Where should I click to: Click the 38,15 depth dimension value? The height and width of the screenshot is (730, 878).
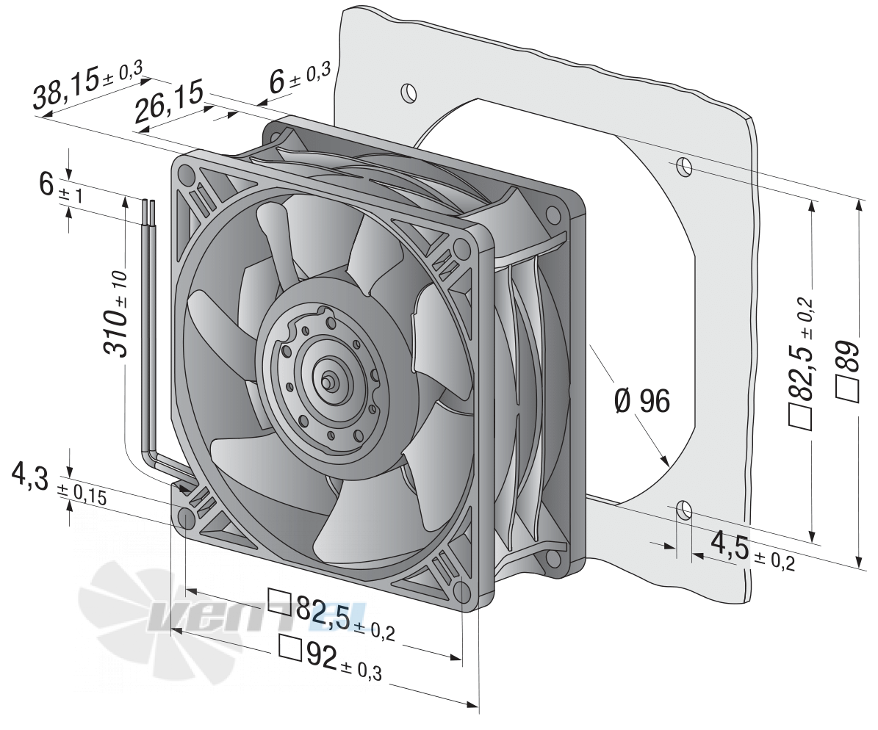coord(65,87)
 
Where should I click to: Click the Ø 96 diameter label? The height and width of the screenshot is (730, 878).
coord(642,401)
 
